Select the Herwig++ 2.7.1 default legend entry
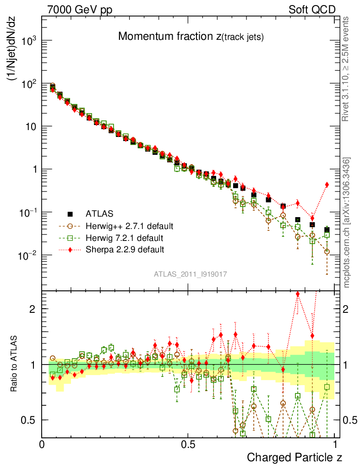click(x=129, y=226)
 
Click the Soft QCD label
click(x=312, y=10)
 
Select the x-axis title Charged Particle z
click(x=295, y=457)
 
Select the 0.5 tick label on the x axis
click(x=188, y=444)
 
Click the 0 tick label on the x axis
click(x=42, y=444)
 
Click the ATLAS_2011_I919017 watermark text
click(x=191, y=274)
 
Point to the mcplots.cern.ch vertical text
click(x=347, y=223)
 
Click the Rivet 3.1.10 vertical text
click(x=347, y=69)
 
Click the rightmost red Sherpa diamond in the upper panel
click(x=327, y=185)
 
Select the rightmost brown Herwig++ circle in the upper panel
click(x=327, y=251)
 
